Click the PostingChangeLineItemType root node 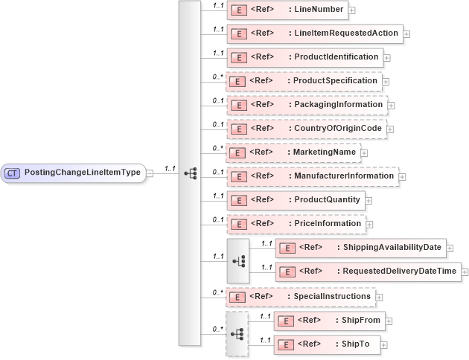(74, 173)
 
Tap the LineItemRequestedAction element (314, 33)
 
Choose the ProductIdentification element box (304, 57)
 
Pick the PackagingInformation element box (306, 105)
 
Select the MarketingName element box (293, 152)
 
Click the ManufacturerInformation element (312, 176)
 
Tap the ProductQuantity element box (294, 200)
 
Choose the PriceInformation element (295, 224)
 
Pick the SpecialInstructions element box (299, 297)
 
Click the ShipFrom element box (328, 321)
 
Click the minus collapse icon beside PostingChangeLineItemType (150, 173)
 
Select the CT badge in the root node (13, 173)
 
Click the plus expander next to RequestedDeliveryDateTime (464, 272)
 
